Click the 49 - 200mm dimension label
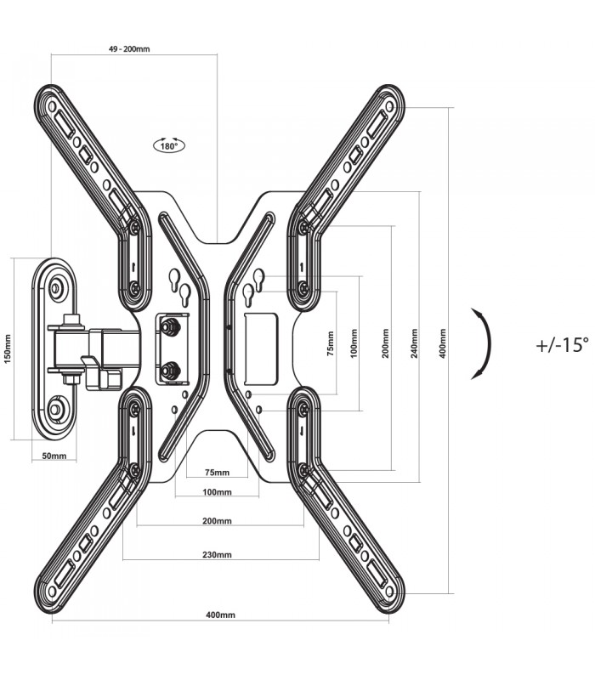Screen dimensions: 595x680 point(129,49)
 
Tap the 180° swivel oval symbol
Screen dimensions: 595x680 point(169,145)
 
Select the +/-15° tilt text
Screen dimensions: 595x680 point(563,345)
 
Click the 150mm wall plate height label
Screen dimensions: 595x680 point(8,348)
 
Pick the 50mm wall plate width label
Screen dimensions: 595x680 point(54,456)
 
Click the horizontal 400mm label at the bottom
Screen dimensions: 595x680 point(220,615)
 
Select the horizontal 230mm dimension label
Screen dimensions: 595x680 point(217,554)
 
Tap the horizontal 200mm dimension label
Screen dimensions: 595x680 point(217,521)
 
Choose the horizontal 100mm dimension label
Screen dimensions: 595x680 point(217,492)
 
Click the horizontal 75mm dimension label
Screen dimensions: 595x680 point(217,473)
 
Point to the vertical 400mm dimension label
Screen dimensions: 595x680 point(442,343)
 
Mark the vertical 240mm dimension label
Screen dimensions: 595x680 point(415,343)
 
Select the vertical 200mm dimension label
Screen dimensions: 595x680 point(386,343)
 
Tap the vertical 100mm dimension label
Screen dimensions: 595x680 point(354,343)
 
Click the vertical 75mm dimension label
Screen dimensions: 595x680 point(331,343)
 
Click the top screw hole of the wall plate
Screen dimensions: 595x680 point(56,286)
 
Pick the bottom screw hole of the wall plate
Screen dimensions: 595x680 point(56,409)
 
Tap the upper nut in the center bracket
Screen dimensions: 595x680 point(169,325)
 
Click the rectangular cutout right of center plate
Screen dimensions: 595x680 point(261,349)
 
